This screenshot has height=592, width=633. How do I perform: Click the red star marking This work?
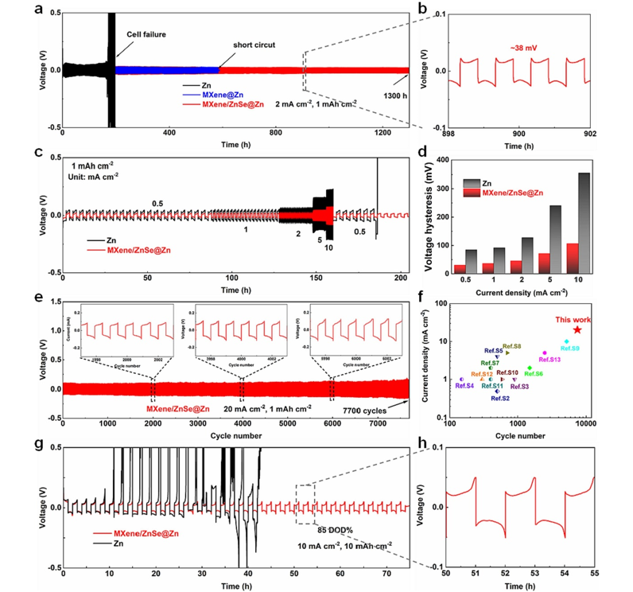(x=577, y=329)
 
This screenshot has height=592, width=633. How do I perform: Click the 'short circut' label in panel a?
(x=254, y=45)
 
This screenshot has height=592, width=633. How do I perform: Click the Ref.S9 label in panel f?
(x=571, y=348)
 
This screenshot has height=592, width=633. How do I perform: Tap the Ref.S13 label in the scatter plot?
(x=551, y=360)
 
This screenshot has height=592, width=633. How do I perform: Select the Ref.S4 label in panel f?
(x=465, y=386)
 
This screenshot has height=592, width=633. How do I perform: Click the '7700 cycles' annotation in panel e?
(x=364, y=410)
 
